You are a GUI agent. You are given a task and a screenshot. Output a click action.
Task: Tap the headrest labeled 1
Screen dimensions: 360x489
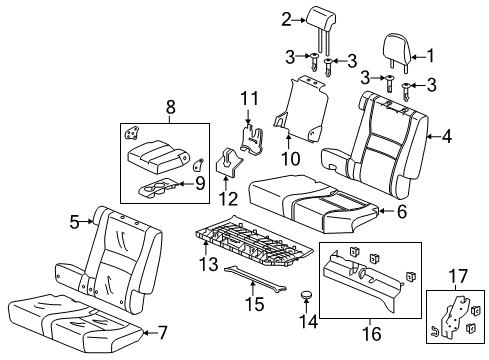click(x=400, y=48)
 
